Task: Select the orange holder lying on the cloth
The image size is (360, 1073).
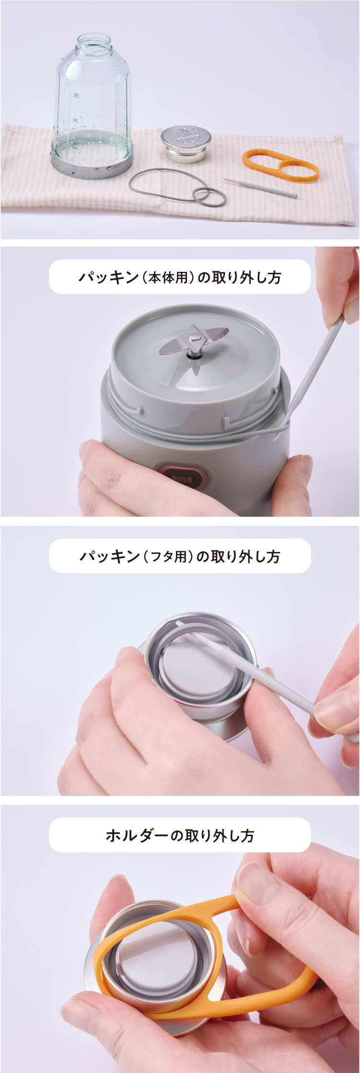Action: (280, 165)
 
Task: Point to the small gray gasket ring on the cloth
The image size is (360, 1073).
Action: (209, 196)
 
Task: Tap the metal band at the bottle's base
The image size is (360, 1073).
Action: (91, 165)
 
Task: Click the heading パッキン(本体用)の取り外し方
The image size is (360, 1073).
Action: (180, 277)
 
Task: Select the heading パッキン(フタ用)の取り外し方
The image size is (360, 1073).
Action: (180, 556)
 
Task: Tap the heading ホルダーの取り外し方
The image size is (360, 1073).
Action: (180, 836)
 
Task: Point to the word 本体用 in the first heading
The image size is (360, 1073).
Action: (167, 278)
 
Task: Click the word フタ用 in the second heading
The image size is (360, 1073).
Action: (168, 557)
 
